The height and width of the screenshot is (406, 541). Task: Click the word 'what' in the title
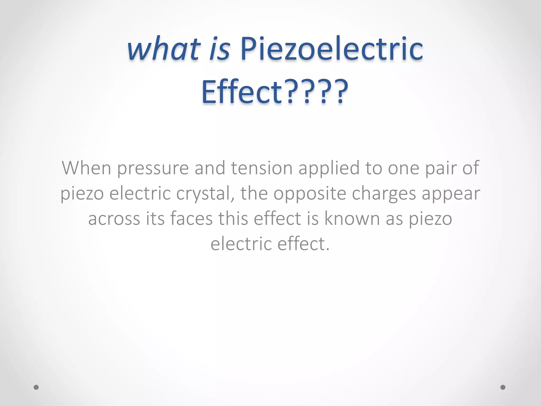click(163, 49)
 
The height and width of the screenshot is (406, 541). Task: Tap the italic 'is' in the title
click(219, 49)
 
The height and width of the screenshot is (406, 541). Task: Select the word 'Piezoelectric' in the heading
click(331, 49)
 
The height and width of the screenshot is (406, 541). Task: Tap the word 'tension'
click(262, 168)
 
